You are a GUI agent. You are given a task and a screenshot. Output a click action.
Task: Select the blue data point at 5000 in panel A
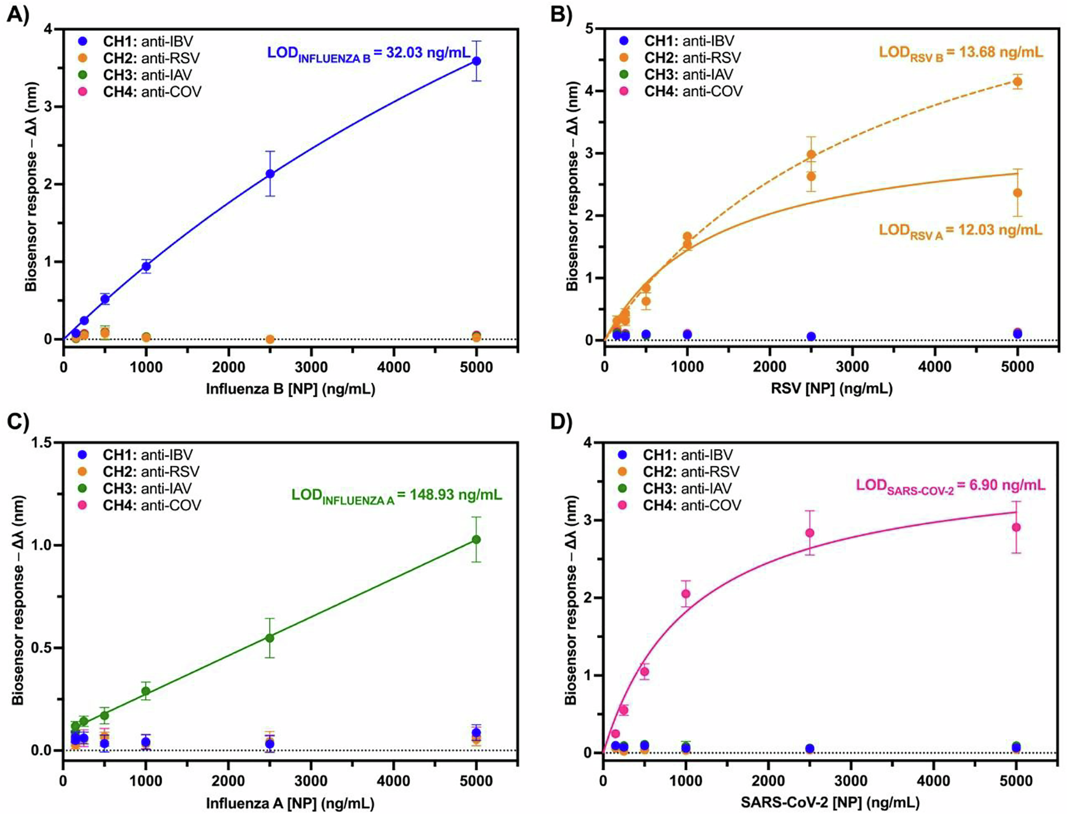476,61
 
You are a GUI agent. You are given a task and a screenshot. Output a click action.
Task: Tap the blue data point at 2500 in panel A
270,174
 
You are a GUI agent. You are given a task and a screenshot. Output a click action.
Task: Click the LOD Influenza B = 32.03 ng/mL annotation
369,53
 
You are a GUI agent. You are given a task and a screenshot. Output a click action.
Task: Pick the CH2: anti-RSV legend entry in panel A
151,58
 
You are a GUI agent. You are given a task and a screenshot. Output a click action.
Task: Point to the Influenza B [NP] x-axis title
291,389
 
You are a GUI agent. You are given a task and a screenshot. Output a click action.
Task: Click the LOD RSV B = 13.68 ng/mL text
960,53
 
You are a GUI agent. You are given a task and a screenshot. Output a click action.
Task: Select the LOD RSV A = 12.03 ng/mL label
960,230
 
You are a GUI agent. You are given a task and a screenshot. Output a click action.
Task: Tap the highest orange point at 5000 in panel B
1017,82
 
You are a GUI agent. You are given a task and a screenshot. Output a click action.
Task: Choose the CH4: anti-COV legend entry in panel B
692,91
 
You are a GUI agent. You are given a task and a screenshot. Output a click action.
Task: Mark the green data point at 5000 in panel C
476,540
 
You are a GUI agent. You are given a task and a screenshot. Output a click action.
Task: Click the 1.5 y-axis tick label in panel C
44,443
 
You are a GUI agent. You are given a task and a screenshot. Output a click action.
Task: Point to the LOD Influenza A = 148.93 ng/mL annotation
396,496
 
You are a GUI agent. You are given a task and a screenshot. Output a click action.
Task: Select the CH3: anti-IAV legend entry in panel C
146,489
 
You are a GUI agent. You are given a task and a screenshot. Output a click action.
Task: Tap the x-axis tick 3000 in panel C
311,781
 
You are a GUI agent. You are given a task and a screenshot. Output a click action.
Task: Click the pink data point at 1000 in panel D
686,594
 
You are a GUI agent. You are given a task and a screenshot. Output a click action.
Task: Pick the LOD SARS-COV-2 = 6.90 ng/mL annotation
950,486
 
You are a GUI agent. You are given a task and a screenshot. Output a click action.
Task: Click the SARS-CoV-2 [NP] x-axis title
830,802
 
